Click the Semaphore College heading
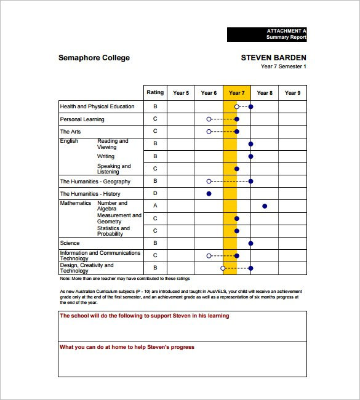pos(94,58)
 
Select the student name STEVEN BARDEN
pos(273,58)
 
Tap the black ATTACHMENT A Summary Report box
pos(266,34)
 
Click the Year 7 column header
pos(236,93)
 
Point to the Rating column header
pos(155,93)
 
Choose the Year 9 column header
pos(292,93)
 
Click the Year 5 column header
pos(181,93)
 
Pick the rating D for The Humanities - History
pos(155,194)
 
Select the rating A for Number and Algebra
pos(155,206)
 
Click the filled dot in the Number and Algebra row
pos(265,206)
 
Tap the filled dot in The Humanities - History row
pos(209,194)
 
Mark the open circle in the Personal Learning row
pos(209,119)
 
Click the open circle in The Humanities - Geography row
pos(209,182)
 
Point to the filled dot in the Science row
pos(250,243)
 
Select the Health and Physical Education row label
pos(97,106)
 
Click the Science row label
pos(70,243)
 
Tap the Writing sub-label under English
pos(106,156)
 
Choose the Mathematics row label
pos(75,203)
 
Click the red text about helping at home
pos(127,347)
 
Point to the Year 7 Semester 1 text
pos(283,67)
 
